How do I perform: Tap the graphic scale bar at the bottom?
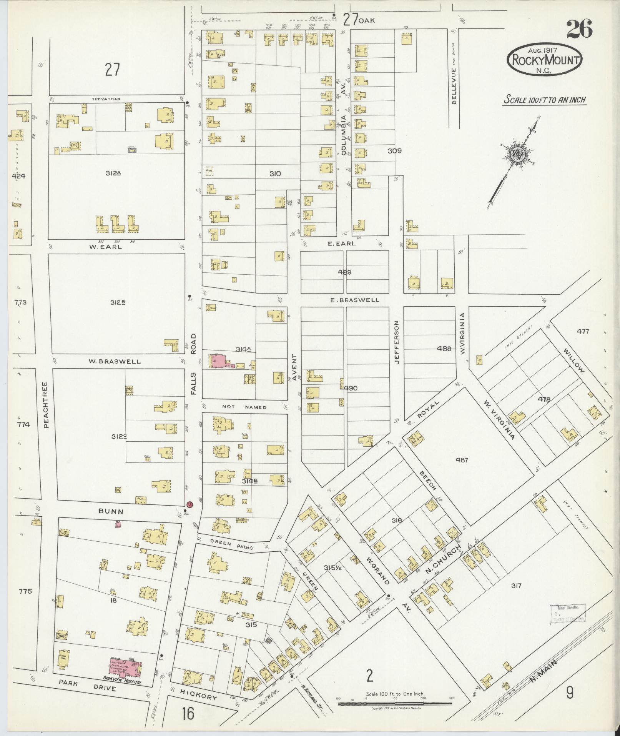[396, 704]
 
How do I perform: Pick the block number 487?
[462, 460]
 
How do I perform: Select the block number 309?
[394, 151]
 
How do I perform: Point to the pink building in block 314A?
[218, 361]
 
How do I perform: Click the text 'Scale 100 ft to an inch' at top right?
[545, 100]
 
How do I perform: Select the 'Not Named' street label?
[244, 407]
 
